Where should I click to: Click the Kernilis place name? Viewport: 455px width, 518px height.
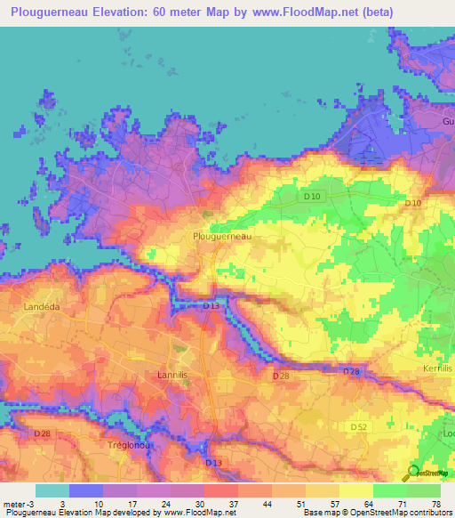pyautogui.click(x=437, y=368)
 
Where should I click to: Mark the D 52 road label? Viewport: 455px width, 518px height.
pyautogui.click(x=358, y=427)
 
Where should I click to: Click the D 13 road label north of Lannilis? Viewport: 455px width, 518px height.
pyautogui.click(x=211, y=305)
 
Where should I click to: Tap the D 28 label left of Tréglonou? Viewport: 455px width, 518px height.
pyautogui.click(x=42, y=433)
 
